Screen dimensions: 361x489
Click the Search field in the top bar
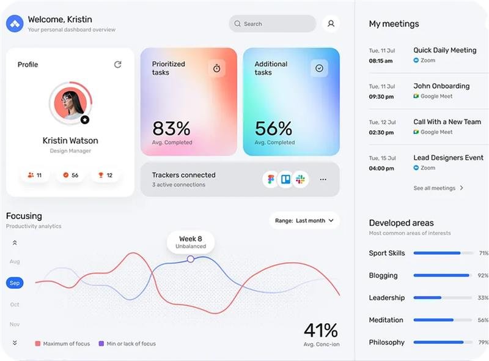(272, 24)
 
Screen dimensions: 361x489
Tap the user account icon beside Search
(331, 24)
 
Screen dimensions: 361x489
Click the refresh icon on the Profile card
(118, 64)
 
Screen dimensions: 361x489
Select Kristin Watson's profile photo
(69, 103)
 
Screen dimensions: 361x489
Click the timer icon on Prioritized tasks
(216, 69)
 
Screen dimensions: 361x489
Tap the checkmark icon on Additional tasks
(319, 69)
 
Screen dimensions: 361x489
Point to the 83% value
(171, 128)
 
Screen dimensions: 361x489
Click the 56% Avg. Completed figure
(273, 129)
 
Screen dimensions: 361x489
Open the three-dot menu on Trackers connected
(323, 180)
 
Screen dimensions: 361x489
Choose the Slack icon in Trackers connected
(300, 180)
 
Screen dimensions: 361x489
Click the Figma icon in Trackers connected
(271, 180)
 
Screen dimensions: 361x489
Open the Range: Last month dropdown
(304, 220)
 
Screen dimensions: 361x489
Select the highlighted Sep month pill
(15, 283)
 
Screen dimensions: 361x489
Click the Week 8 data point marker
(191, 259)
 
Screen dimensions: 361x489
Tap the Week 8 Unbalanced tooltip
(191, 242)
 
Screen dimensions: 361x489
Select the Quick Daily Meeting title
(444, 50)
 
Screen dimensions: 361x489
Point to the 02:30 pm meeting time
(381, 132)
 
